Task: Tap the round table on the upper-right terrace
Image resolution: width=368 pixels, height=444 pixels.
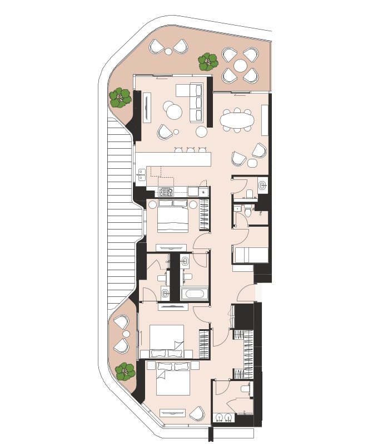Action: (x=240, y=66)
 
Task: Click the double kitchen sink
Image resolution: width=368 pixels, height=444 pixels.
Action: (x=141, y=175)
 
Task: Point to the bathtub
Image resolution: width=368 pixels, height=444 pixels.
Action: (x=194, y=294)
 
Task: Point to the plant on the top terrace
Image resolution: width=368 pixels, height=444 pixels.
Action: (x=208, y=61)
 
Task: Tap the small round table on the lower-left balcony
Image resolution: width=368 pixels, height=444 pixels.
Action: (x=126, y=334)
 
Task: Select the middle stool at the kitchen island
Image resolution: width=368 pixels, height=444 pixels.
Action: (x=191, y=150)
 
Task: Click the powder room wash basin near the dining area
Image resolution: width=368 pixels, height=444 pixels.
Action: (x=262, y=185)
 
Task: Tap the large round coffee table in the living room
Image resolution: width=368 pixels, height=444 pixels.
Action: (x=174, y=111)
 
